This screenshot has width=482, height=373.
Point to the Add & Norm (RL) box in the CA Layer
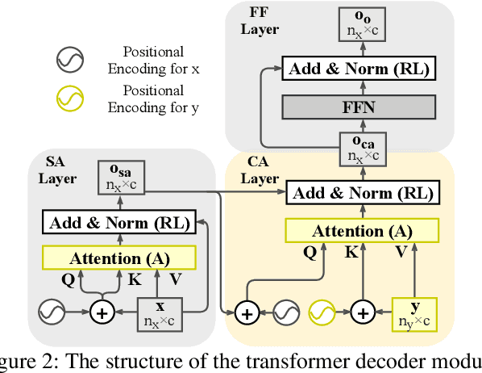tap(362, 192)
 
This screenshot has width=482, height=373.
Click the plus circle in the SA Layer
tap(102, 312)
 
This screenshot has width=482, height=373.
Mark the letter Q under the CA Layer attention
tap(310, 252)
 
